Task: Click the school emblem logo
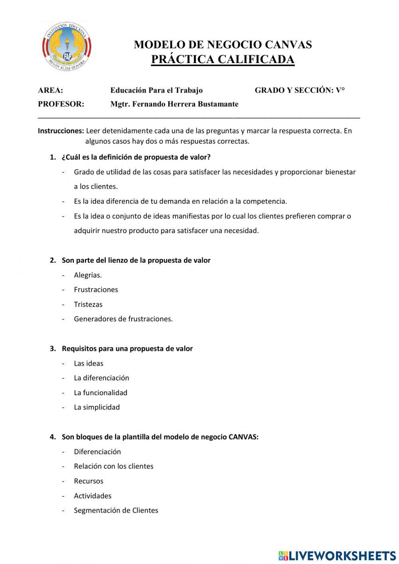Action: tap(67, 47)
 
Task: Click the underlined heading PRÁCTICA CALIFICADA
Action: tap(223, 59)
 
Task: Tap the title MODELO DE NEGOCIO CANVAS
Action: tap(223, 44)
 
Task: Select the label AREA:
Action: tap(50, 90)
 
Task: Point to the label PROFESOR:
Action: tap(61, 104)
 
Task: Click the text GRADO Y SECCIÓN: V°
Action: tap(300, 90)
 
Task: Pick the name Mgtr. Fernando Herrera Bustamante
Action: tap(174, 104)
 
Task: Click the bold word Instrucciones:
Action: tap(61, 131)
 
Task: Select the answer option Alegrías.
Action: tap(88, 275)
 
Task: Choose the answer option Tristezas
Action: tap(88, 304)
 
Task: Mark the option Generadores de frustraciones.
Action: tap(123, 319)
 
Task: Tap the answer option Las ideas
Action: tap(89, 363)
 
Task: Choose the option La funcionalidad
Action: tap(101, 392)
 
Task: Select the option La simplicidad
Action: tap(97, 407)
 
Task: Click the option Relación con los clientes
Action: tap(114, 466)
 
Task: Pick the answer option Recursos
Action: tap(89, 481)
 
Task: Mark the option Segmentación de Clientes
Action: tap(116, 510)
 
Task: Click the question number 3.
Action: tap(53, 348)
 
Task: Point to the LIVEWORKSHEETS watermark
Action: tap(337, 556)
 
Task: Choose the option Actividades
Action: tap(93, 496)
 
